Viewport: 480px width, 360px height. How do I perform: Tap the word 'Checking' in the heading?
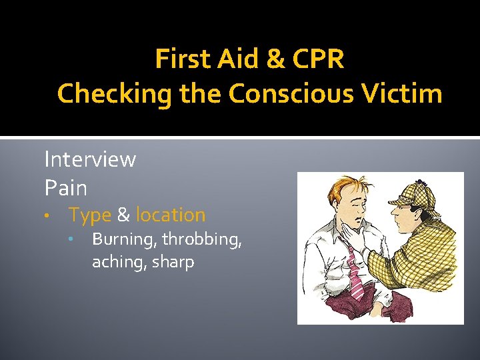[x=114, y=94]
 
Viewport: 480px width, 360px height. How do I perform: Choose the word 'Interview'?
[x=90, y=159]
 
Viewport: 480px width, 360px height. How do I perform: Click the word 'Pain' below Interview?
[x=65, y=188]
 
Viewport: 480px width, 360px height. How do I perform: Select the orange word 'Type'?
[x=90, y=215]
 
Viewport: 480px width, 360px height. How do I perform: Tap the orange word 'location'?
[x=171, y=215]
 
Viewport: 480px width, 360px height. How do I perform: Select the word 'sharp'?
[x=173, y=262]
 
